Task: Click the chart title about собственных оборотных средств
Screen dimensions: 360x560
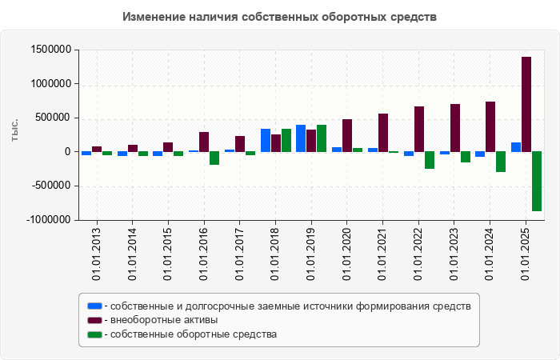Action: (280, 17)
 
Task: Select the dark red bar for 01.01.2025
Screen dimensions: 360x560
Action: (526, 104)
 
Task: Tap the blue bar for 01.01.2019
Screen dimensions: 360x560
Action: (301, 138)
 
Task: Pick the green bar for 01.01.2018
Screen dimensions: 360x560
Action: (286, 140)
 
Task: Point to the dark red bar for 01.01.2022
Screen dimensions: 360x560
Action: (418, 129)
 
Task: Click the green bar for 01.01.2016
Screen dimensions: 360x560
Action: (214, 158)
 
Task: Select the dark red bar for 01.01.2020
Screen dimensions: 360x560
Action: (347, 135)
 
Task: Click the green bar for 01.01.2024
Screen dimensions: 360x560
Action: (501, 162)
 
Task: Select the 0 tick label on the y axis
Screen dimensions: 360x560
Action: (68, 152)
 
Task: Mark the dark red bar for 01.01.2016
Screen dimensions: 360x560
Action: (204, 142)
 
